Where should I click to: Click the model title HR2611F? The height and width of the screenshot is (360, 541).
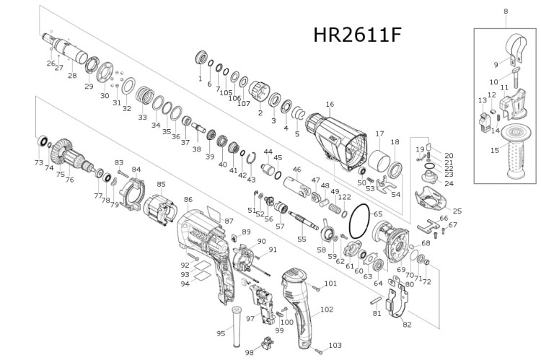356,35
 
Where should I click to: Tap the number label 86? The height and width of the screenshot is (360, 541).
188,199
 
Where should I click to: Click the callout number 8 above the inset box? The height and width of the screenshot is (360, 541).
506,11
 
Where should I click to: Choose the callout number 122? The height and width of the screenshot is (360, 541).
345,196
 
